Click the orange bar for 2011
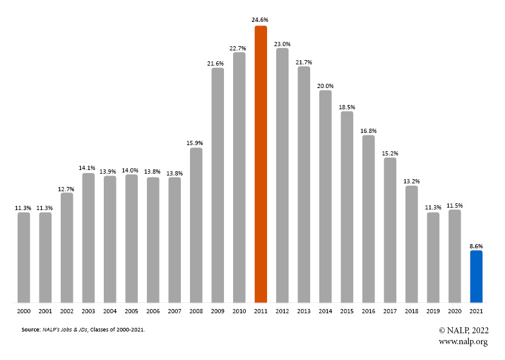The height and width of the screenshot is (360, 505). [260, 164]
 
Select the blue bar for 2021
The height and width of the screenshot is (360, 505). [476, 276]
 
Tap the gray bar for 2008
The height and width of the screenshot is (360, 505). [196, 225]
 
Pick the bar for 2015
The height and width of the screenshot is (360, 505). [347, 206]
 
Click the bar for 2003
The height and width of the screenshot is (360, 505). [88, 237]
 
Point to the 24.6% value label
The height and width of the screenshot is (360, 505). [260, 20]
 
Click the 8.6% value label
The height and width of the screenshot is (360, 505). [476, 245]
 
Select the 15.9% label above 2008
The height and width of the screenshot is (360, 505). [196, 142]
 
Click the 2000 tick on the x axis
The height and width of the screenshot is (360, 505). [24, 310]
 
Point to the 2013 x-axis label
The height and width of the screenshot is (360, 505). [303, 310]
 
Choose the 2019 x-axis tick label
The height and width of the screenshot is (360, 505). [433, 310]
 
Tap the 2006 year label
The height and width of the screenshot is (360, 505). [153, 310]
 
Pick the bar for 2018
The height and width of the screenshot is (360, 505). [412, 243]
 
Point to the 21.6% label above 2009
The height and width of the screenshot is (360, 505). [217, 63]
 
